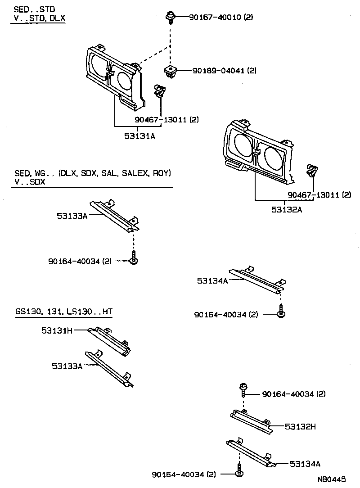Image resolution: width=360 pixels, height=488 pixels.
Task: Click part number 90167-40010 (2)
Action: [x=214, y=18]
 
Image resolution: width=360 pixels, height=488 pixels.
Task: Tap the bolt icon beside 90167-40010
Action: [x=170, y=17]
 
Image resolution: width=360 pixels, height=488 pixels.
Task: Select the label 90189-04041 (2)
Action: [x=224, y=71]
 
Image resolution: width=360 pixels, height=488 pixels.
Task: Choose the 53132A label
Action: [x=286, y=209]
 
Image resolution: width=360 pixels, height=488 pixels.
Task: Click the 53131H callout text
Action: [x=57, y=330]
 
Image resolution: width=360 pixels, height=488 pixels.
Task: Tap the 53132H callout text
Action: [x=300, y=426]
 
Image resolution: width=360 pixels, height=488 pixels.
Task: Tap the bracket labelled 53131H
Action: [x=109, y=341]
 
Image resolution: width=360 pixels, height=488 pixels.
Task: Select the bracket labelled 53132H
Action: [x=252, y=422]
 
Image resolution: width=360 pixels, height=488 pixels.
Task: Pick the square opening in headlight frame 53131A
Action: [x=98, y=67]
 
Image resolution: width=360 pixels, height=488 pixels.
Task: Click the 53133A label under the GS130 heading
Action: [x=67, y=366]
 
